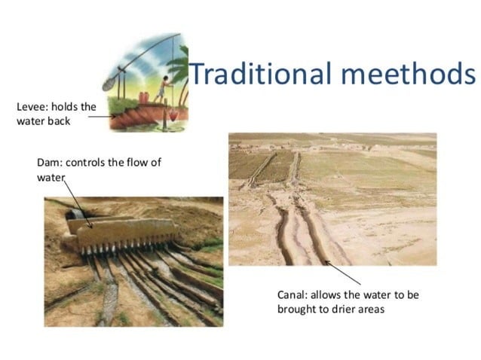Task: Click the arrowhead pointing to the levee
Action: tap(114, 117)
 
